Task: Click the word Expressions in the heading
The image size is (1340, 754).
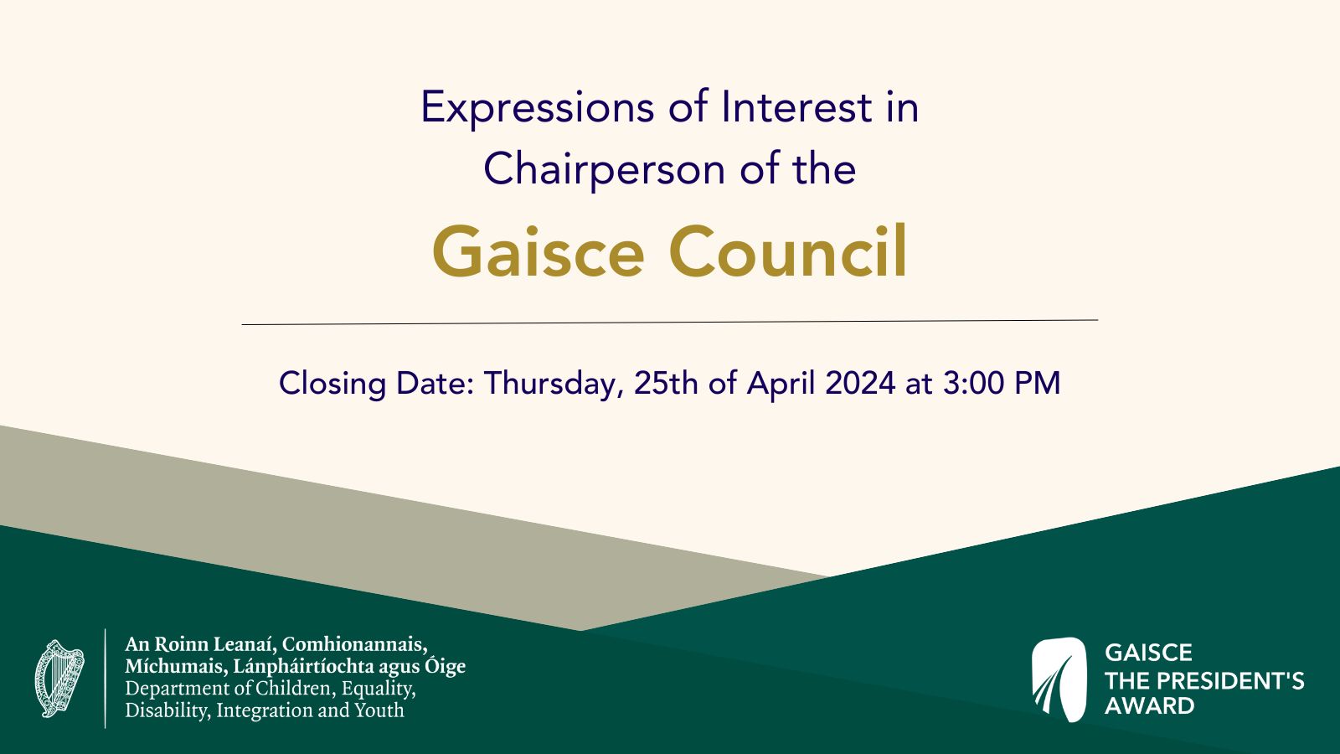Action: click(x=537, y=108)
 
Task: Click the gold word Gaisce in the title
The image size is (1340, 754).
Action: click(x=538, y=252)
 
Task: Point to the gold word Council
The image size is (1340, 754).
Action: click(x=788, y=250)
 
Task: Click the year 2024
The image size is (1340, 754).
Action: click(x=860, y=383)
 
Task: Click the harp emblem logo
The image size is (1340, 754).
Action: click(x=59, y=679)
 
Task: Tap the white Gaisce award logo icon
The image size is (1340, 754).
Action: click(x=1059, y=679)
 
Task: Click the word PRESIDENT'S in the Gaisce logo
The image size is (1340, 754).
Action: click(x=1227, y=681)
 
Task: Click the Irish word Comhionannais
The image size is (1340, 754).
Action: click(x=355, y=644)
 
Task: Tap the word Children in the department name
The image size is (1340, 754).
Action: click(x=295, y=689)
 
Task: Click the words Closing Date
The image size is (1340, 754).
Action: click(x=376, y=384)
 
